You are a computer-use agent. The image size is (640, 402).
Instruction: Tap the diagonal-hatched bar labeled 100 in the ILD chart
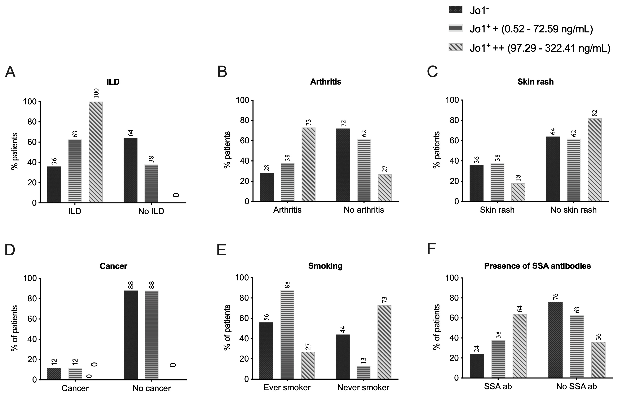(x=96, y=152)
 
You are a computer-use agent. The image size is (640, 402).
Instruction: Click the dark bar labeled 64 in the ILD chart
(x=131, y=171)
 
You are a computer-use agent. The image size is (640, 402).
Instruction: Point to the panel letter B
(x=222, y=72)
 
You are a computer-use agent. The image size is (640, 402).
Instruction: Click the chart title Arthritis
(x=326, y=82)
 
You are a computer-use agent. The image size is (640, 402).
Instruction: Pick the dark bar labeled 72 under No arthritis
(x=343, y=165)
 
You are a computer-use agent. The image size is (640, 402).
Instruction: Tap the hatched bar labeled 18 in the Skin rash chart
(x=518, y=192)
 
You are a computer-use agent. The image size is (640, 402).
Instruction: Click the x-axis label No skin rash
(x=573, y=210)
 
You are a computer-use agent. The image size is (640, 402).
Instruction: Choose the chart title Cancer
(x=114, y=266)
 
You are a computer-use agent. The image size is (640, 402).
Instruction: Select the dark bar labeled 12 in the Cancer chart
(x=54, y=374)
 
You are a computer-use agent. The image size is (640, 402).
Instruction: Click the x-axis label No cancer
(x=151, y=388)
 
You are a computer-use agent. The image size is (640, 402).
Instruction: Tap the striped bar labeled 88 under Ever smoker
(x=287, y=335)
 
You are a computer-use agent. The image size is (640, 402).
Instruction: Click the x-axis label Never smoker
(x=363, y=387)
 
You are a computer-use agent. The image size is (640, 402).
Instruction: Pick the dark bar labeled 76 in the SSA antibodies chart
(x=556, y=340)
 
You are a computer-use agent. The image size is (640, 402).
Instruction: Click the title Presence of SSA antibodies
(x=537, y=266)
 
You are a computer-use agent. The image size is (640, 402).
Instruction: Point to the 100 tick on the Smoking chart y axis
(x=242, y=278)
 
